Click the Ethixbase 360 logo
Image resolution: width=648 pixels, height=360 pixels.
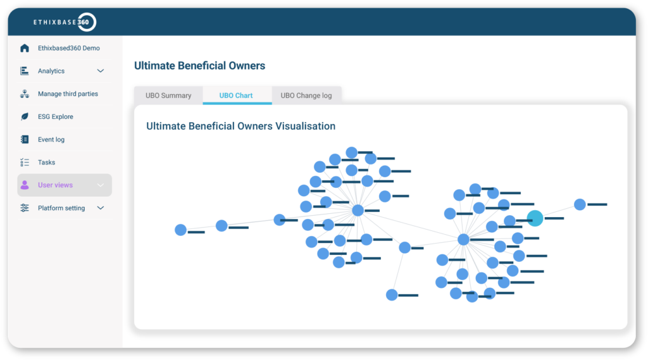[65, 22]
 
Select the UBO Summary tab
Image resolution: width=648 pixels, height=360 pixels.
[168, 96]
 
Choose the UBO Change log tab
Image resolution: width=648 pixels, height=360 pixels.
[306, 96]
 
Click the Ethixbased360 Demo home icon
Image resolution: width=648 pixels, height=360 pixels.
[25, 48]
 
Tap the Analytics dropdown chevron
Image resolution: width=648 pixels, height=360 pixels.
[101, 71]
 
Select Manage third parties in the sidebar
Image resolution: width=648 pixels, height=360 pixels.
[68, 94]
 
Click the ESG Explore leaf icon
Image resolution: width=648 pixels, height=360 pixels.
[25, 116]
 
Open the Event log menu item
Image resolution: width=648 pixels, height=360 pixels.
[51, 140]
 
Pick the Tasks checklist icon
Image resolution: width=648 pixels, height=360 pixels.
[25, 163]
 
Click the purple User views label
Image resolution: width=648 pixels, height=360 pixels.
[56, 185]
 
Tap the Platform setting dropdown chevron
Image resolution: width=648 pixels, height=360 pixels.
[101, 208]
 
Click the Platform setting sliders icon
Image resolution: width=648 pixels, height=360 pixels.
[25, 208]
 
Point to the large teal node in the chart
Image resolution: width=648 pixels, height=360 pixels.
[535, 218]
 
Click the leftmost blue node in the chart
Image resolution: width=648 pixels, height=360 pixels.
[180, 230]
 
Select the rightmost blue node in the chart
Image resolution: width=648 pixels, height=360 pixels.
[580, 204]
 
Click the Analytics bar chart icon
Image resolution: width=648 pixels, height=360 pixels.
[25, 71]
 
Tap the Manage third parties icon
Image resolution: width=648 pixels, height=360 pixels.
[25, 94]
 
